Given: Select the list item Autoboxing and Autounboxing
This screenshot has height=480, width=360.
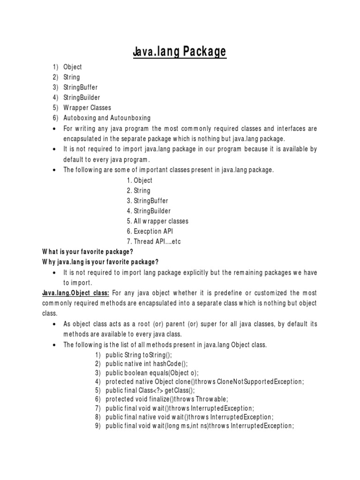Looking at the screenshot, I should pyautogui.click(x=107, y=118).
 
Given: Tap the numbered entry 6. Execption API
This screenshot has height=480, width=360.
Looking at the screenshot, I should pyautogui.click(x=150, y=231).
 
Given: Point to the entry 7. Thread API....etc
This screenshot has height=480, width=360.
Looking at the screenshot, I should pyautogui.click(x=153, y=241).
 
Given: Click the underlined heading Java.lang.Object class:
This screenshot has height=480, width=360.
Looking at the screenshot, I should pyautogui.click(x=76, y=292).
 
